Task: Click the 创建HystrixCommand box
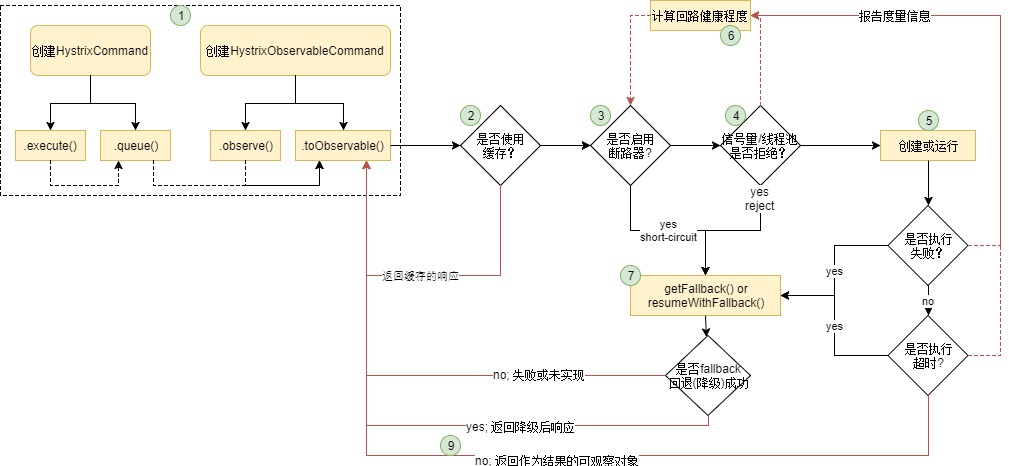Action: tap(90, 51)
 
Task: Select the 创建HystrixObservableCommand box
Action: tap(295, 51)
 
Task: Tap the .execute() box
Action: tap(50, 146)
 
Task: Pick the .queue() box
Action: tap(136, 146)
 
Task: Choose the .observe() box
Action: tap(245, 146)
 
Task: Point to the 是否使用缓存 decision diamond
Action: tap(501, 146)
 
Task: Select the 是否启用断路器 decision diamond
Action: tap(631, 146)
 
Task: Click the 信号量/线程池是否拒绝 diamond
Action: tap(761, 146)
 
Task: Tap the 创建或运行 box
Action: tap(929, 146)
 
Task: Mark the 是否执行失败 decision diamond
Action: tap(929, 246)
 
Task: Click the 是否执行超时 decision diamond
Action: tap(929, 356)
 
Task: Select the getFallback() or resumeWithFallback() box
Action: tap(705, 295)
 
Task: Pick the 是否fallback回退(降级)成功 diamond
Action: tap(708, 376)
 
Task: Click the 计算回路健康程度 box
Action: tap(701, 17)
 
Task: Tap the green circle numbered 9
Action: tap(450, 445)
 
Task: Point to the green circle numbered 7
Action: tap(631, 275)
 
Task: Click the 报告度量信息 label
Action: tap(894, 17)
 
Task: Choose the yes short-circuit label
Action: tap(668, 231)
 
